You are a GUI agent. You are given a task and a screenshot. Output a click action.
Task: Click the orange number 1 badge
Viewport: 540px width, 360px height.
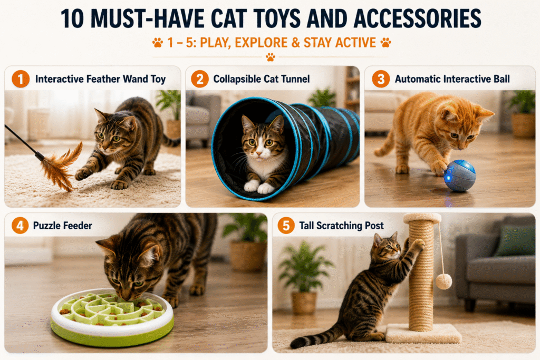click(21, 79)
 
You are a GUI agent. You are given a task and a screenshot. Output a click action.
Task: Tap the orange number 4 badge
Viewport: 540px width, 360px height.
click(20, 226)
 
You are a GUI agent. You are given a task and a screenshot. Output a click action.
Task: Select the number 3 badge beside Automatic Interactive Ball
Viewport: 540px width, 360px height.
click(381, 79)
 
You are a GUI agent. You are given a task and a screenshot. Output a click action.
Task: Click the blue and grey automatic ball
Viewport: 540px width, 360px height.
click(459, 176)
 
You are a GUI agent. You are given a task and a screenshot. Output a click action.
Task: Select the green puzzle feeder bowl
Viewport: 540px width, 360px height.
click(112, 317)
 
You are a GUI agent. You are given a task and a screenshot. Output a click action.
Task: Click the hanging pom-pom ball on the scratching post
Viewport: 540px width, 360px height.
click(443, 281)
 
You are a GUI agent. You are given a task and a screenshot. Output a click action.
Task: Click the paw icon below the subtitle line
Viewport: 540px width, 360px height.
click(271, 57)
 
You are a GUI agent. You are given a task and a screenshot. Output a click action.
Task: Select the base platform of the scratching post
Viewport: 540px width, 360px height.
click(423, 333)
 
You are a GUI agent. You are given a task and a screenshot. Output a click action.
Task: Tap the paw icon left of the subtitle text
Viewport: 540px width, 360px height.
click(158, 43)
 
